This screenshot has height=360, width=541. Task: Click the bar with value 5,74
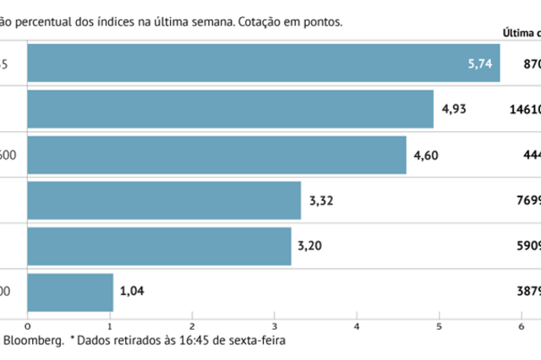[263, 63]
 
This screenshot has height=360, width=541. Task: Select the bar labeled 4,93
[230, 108]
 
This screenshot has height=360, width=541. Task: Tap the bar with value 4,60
[216, 154]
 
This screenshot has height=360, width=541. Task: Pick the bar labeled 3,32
[164, 200]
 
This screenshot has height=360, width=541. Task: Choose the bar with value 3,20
[159, 246]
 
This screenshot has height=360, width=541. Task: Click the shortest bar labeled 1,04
[70, 292]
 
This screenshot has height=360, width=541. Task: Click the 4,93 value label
[453, 108]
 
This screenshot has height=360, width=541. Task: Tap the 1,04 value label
[133, 292]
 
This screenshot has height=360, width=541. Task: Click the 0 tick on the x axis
[28, 325]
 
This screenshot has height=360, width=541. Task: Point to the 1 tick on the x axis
[110, 325]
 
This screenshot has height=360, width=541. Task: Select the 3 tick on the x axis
[275, 325]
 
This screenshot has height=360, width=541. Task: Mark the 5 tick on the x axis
[440, 325]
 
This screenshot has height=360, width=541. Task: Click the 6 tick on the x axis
[522, 325]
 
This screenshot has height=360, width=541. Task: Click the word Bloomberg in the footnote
[33, 341]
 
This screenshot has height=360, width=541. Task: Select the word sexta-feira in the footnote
[257, 341]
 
